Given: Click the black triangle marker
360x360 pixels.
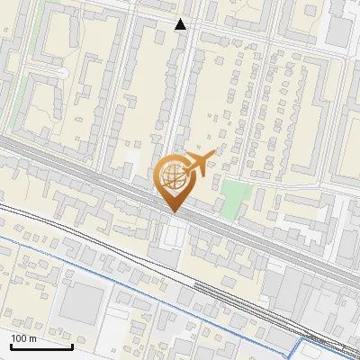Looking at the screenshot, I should [181, 24].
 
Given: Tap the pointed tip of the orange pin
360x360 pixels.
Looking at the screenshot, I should [174, 211].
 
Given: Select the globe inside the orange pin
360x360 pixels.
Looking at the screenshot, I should [173, 176].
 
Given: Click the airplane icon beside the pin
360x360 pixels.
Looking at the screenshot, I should [199, 163].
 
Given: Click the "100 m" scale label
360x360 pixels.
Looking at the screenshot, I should [23, 338].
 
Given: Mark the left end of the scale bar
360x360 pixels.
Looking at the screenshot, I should [10, 345].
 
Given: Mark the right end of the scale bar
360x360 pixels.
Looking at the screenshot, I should [72, 345].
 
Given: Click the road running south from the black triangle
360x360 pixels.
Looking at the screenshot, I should [182, 90].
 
